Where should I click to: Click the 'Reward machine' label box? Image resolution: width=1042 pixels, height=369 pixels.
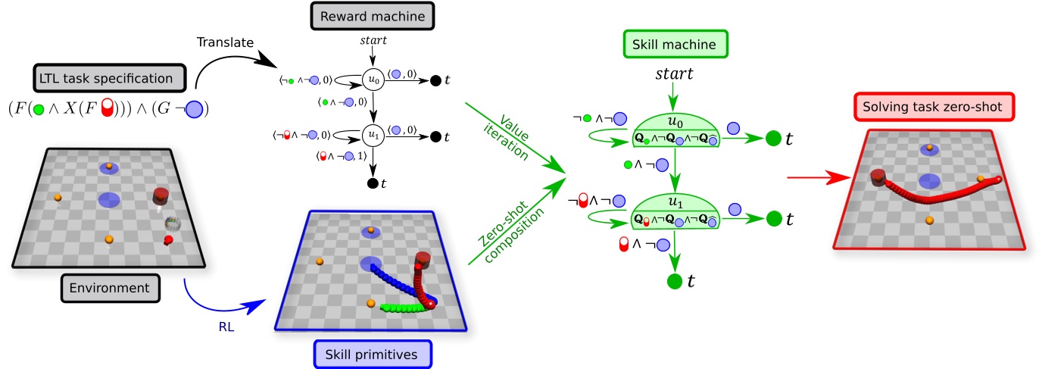click(360, 17)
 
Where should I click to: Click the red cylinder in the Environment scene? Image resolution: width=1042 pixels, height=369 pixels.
click(161, 195)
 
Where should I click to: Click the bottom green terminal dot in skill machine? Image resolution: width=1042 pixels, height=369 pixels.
click(675, 282)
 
